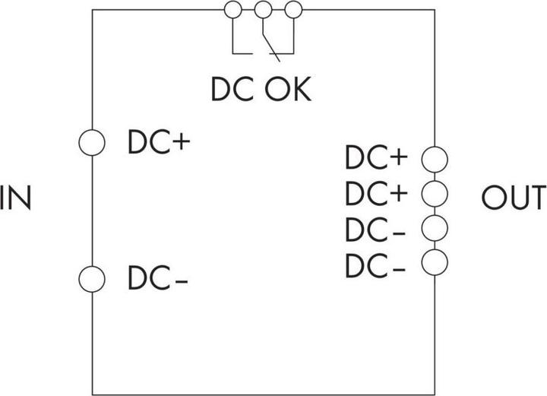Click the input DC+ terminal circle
coord(92,142)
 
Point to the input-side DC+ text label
coord(158,142)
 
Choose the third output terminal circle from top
coord(435,227)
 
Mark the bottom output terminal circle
coord(435,262)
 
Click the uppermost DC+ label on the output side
coord(376,158)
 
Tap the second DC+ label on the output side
coord(376,193)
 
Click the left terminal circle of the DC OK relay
coord(233,10)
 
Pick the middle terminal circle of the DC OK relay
coord(263,10)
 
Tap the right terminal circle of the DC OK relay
coord(292,10)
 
